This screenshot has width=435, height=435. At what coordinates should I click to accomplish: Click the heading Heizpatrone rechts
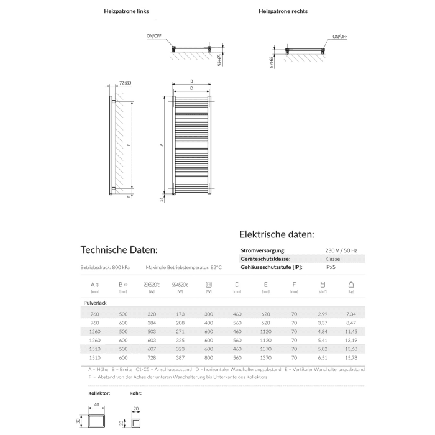283,11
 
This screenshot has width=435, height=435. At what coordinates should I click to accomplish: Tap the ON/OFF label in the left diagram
153,37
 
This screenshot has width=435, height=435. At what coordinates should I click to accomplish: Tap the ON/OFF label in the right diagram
339,37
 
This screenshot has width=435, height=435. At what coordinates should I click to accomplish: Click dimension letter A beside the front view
161,144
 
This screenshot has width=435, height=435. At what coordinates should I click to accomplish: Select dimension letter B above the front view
192,81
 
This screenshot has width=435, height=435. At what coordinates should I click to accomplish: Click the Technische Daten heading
119,249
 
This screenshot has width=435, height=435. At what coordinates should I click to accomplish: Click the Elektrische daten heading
277,234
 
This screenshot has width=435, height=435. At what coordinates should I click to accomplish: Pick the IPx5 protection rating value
332,267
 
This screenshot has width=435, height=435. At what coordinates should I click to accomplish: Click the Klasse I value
333,259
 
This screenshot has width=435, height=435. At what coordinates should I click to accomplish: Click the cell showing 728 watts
152,357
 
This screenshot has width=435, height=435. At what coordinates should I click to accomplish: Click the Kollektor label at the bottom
100,393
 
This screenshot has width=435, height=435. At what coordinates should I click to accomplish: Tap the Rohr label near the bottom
136,393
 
